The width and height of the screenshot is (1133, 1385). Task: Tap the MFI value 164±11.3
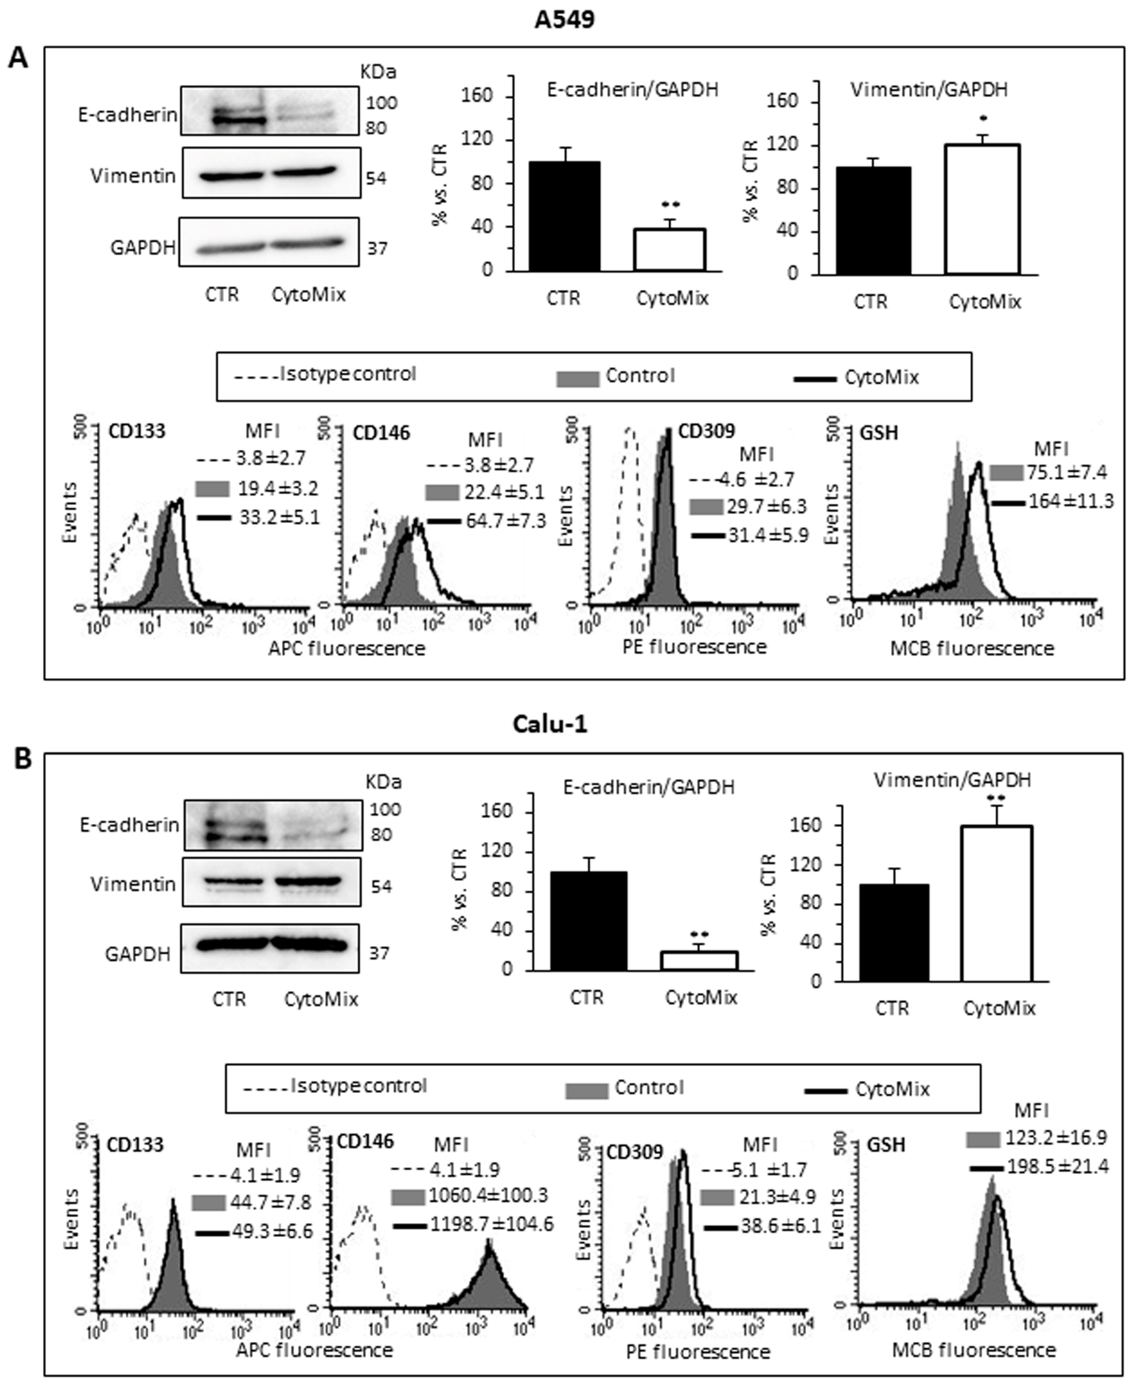click(x=1070, y=501)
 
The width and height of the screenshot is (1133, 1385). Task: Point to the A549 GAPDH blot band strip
click(x=269, y=243)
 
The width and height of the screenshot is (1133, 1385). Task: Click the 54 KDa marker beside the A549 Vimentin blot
click(x=376, y=178)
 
